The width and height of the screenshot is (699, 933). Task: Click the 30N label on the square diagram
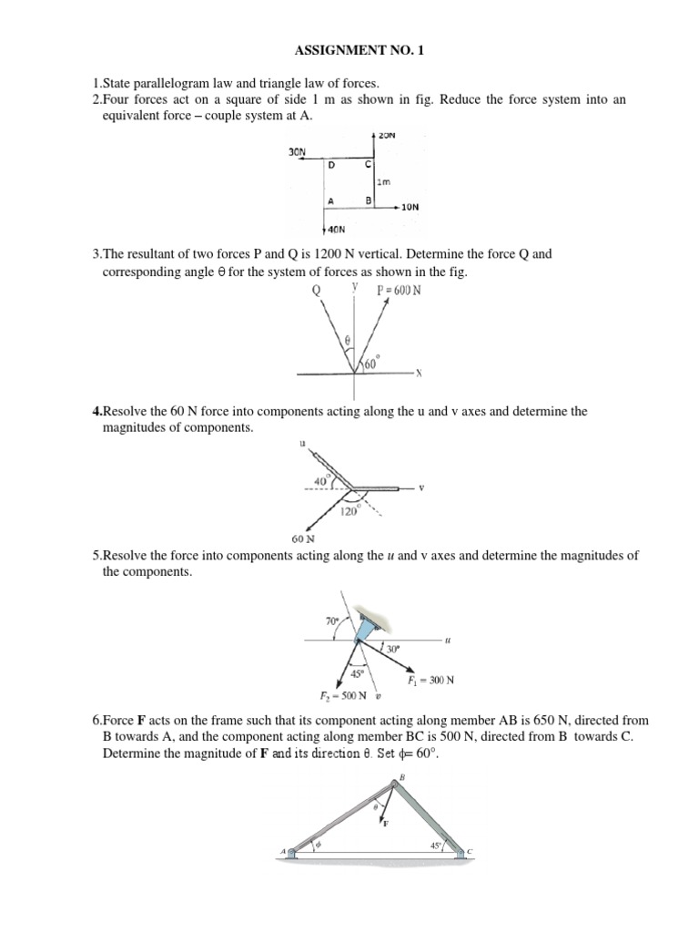click(x=298, y=153)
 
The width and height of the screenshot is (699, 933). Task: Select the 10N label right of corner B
click(x=410, y=207)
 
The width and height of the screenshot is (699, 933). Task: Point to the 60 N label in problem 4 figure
click(x=303, y=538)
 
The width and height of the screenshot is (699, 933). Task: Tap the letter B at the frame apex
click(x=401, y=777)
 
